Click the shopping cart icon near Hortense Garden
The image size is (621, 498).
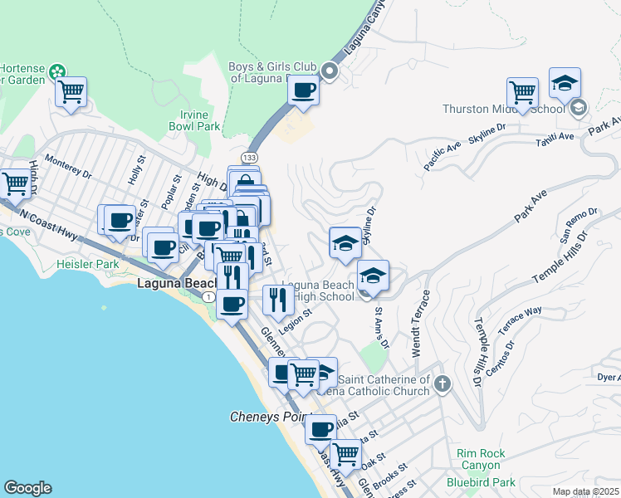pos(72,92)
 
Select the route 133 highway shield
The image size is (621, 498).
pos(249,157)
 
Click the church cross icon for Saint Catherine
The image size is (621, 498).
pos(443,383)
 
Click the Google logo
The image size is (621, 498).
pos(27,488)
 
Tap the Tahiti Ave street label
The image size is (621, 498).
pos(555,137)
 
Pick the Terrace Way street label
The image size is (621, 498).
pos(520,320)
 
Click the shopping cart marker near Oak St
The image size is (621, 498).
pos(345,454)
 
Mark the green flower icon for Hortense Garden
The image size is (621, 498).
pos(57,72)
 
